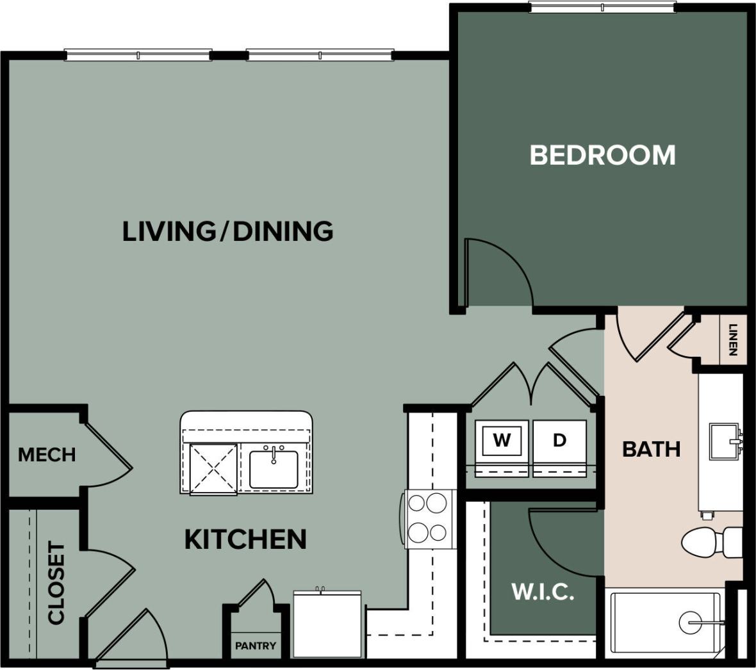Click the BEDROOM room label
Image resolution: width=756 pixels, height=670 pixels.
tap(602, 155)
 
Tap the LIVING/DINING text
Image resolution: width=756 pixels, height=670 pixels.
tap(227, 231)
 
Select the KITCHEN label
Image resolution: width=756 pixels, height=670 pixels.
tap(245, 539)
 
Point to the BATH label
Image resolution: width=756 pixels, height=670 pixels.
tap(651, 449)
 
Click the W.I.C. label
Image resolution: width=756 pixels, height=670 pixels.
tap(542, 592)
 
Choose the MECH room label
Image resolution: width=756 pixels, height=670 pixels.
tap(47, 455)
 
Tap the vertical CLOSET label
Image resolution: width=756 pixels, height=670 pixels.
tap(56, 583)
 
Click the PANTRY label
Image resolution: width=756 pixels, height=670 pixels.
tap(255, 646)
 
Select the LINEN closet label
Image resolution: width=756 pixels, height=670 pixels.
tap(733, 340)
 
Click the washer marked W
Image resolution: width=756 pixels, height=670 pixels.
tap(502, 440)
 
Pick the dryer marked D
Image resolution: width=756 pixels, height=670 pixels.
tap(559, 440)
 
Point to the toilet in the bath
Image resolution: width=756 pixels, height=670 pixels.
tap(708, 542)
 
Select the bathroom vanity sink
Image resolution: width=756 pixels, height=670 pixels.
tap(724, 441)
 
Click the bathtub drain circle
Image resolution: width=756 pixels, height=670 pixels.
tap(691, 622)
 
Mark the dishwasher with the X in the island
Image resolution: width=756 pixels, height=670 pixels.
tap(213, 469)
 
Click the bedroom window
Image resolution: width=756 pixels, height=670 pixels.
tap(602, 7)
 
